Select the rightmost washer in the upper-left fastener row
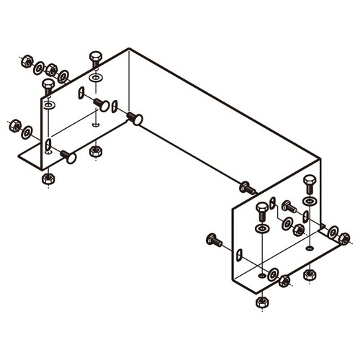pyautogui.click(x=64, y=76)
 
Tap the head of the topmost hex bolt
pyautogui.click(x=96, y=56)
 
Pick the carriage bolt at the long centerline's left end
pyautogui.click(x=136, y=117)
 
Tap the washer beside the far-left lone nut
pyautogui.click(x=27, y=132)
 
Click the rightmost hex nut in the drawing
pyautogui.click(x=344, y=239)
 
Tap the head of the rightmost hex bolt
pyautogui.click(x=310, y=180)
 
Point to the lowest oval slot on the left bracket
pyautogui.click(x=48, y=146)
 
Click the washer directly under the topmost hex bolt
pyautogui.click(x=96, y=76)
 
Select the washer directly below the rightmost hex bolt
pyautogui.click(x=310, y=201)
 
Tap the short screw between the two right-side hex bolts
pyautogui.click(x=288, y=206)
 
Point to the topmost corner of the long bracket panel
pyautogui.click(x=129, y=48)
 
